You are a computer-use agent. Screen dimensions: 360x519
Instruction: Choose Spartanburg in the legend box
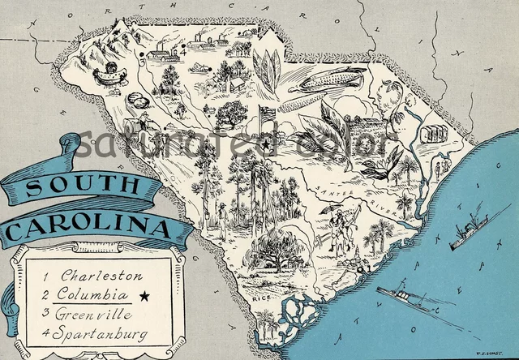103,330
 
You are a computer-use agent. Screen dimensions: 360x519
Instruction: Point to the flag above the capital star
265,114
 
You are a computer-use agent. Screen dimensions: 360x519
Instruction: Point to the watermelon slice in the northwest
112,75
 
